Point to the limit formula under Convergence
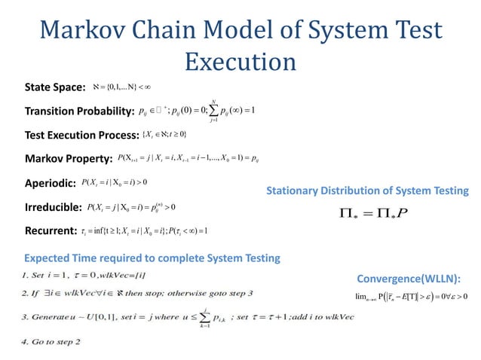(412, 296)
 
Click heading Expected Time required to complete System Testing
(152, 258)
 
